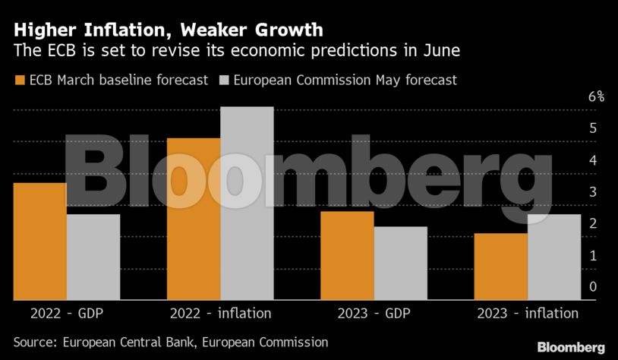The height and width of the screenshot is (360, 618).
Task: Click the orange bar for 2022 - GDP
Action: (39, 242)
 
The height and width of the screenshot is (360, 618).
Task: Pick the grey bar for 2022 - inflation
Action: (247, 204)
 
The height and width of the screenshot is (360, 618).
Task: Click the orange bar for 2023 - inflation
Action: (500, 267)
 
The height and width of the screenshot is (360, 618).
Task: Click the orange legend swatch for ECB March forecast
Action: (20, 80)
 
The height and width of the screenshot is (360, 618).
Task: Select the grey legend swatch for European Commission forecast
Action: (224, 80)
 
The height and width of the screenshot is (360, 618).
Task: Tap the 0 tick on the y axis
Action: (592, 286)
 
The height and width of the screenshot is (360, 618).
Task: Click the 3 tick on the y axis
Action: (592, 191)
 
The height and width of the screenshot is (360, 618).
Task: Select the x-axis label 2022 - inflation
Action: (220, 313)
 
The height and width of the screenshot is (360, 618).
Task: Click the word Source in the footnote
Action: (35, 343)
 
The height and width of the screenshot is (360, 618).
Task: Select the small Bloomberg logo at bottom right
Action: (571, 347)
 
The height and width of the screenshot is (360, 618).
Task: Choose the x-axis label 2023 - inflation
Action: (528, 313)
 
